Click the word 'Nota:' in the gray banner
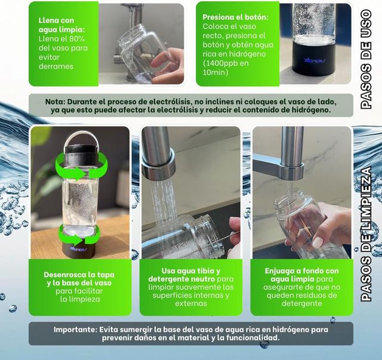point(57,101)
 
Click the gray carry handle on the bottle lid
point(80,141)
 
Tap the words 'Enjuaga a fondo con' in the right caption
point(301,270)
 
